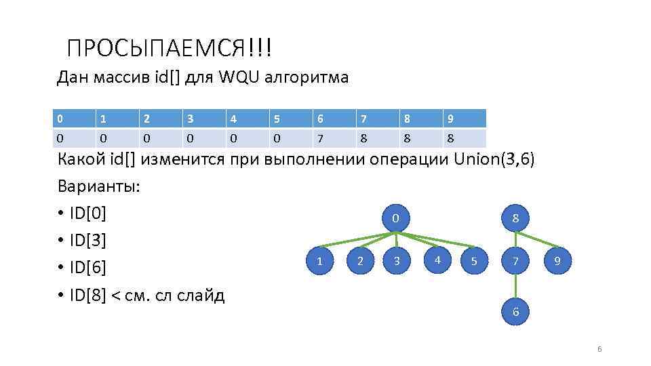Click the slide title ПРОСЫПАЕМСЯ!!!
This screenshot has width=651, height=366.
(x=170, y=48)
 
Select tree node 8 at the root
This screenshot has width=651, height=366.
(x=515, y=218)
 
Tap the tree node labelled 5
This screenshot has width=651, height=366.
(x=474, y=261)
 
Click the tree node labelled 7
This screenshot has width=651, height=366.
(x=515, y=261)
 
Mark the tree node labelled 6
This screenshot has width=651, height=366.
(x=515, y=312)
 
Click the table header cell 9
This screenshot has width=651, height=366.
(x=465, y=119)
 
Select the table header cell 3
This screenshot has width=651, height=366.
(x=203, y=119)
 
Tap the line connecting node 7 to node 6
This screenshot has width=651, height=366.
(x=515, y=287)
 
